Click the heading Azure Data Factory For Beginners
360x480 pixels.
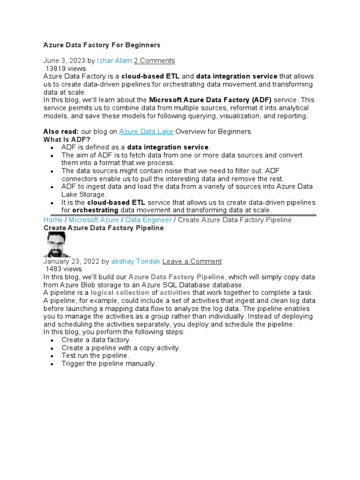[102, 45]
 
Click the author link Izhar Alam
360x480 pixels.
[114, 60]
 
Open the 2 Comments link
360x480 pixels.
[154, 60]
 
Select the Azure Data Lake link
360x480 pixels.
[146, 131]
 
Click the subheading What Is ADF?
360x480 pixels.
[67, 139]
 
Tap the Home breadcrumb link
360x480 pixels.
[53, 220]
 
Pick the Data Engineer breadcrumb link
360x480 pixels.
[148, 220]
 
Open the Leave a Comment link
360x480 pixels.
[192, 261]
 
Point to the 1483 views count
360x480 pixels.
[63, 269]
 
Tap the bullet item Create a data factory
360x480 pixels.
[97, 340]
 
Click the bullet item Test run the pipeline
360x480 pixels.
[95, 355]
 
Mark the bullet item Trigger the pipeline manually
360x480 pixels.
[109, 363]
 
